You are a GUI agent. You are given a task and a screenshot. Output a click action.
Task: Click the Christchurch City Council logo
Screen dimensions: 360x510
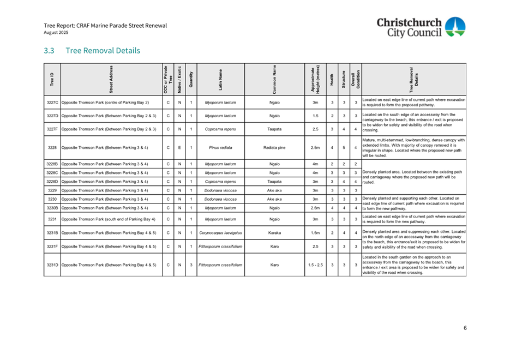point(420,27)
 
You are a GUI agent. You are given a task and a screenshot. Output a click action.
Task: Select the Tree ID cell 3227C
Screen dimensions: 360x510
point(52,103)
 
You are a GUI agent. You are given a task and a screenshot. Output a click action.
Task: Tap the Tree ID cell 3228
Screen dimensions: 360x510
point(52,147)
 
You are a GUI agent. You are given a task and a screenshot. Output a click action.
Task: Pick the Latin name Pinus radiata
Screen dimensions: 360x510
point(220,147)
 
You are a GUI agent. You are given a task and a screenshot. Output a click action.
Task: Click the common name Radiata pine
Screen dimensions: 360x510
point(274,147)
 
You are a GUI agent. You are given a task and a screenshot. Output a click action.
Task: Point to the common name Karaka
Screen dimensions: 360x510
point(274,233)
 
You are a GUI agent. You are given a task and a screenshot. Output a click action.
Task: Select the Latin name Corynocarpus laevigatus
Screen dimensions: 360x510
point(220,233)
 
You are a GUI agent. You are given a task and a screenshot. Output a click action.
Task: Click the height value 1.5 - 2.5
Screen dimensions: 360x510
point(315,265)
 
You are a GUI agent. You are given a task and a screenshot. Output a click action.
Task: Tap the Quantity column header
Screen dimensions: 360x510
point(190,80)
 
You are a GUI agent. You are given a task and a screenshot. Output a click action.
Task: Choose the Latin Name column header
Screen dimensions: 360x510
point(220,80)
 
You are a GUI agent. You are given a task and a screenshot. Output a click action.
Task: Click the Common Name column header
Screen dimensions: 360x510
point(274,80)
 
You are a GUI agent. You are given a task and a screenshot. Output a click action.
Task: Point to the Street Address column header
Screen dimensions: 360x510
point(111,80)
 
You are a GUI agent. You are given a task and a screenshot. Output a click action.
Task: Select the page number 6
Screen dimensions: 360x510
point(465,328)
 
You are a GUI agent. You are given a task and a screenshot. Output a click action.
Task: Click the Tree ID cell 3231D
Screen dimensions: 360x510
point(52,265)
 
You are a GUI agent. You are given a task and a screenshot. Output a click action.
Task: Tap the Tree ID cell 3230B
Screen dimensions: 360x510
point(52,208)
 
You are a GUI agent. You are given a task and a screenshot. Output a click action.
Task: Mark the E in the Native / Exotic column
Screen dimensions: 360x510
point(179,147)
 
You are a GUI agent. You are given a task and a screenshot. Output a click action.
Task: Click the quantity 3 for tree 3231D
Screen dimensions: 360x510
point(191,265)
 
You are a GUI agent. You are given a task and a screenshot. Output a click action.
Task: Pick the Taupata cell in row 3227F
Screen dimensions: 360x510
point(274,129)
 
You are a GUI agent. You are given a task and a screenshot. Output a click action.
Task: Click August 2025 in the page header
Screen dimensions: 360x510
point(56,33)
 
